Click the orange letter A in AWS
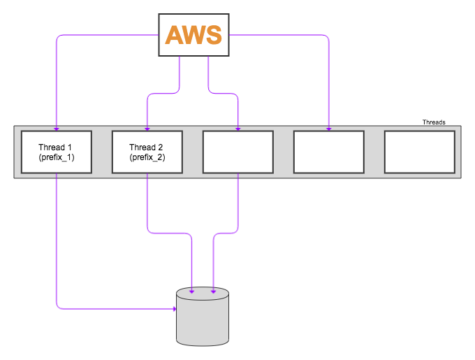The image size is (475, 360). [x=174, y=34]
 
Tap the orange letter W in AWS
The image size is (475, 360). [x=195, y=34]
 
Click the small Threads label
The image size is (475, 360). [x=433, y=122]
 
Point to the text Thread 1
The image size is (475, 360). [x=56, y=147]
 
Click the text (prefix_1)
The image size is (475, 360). [x=56, y=158]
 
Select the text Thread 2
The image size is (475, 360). [x=147, y=147]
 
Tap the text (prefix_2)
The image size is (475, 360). [x=147, y=158]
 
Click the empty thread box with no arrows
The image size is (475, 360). [x=419, y=152]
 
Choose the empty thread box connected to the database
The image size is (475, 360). [x=237, y=152]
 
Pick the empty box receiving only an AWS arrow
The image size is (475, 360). [x=328, y=152]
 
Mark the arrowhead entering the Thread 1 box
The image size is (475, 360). [x=56, y=129]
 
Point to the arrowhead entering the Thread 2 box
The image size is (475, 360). [x=147, y=129]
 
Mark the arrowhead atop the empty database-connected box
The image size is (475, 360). [x=238, y=129]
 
